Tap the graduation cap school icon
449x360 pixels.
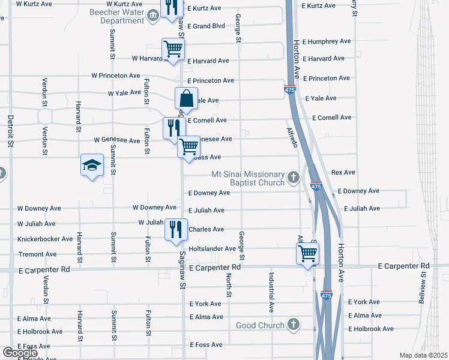point(92,166)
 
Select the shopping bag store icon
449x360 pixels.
point(186,98)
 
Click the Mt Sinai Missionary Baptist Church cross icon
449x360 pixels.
point(293,176)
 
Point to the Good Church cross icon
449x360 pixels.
point(293,325)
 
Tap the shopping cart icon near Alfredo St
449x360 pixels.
point(307,253)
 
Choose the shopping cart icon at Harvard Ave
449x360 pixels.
point(173,49)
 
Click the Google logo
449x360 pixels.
point(20,353)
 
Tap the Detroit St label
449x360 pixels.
point(10,131)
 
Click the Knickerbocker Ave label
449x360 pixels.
point(45,239)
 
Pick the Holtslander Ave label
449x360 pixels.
point(212,248)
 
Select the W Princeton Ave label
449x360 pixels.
point(116,76)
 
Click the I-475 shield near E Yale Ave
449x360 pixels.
point(289,89)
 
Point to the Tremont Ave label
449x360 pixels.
point(37,254)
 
